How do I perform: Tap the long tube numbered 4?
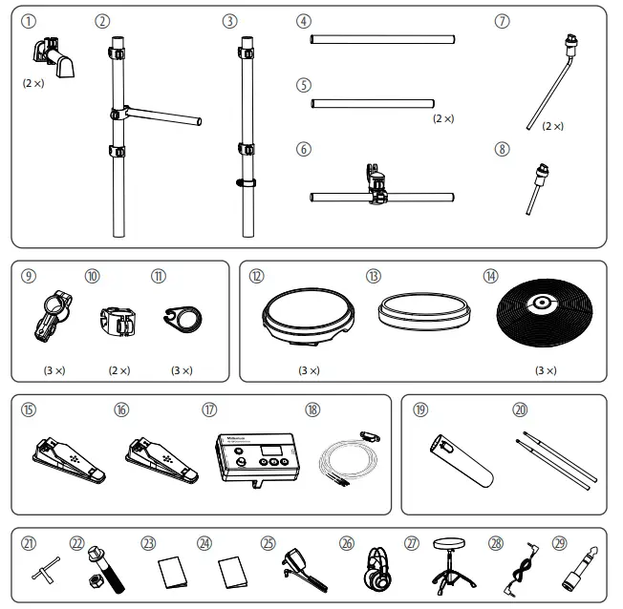click(x=382, y=40)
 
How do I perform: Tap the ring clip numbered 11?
click(x=183, y=318)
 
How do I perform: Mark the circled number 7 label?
click(x=503, y=21)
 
